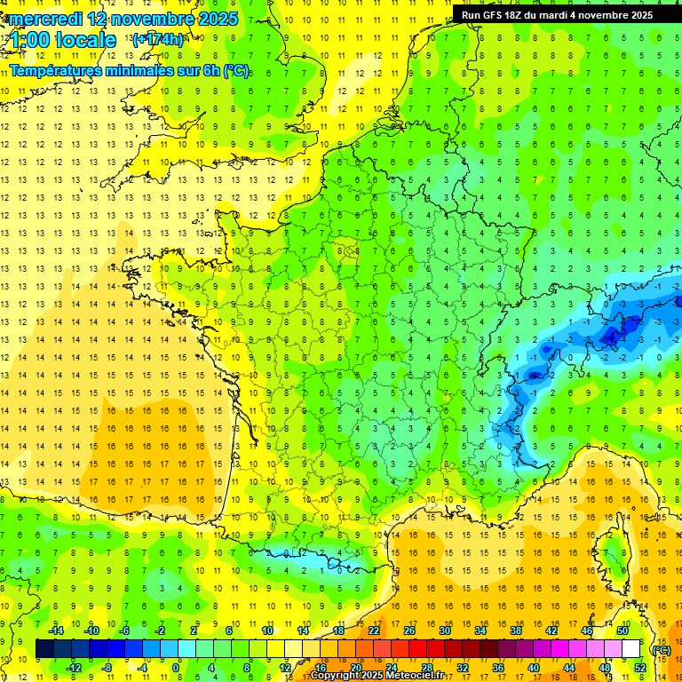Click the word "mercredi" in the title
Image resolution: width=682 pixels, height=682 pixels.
pos(45,19)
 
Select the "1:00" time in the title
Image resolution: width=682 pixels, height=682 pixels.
pos(31,40)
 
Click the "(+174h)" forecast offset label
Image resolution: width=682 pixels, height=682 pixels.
pos(158,40)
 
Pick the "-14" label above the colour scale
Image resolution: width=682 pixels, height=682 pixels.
pos(58,630)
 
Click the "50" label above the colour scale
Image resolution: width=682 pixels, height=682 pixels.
pos(622,630)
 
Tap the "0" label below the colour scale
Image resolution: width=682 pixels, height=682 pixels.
pos(177,668)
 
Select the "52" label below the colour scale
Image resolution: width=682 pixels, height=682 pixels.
pos(639,668)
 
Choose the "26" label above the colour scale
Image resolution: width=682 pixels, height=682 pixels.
pos(409,630)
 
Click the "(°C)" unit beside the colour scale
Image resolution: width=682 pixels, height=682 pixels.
pos(661,649)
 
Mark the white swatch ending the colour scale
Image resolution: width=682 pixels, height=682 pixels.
pos(630,649)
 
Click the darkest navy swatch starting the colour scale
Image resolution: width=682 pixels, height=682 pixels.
pos(44,649)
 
